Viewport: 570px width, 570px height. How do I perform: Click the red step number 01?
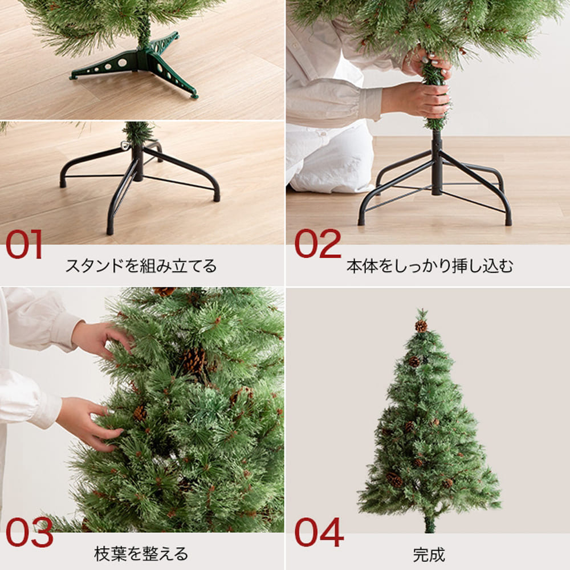point(24,244)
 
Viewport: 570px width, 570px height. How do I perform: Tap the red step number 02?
point(317,243)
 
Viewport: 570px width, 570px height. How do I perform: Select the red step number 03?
point(30,532)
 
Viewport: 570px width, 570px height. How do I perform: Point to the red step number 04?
point(319,532)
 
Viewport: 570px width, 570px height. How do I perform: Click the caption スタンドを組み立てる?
point(141,266)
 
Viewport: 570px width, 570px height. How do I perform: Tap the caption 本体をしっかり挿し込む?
point(430,266)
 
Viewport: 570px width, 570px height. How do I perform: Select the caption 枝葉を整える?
point(141,554)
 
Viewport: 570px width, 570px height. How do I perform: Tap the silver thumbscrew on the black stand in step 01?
point(125,144)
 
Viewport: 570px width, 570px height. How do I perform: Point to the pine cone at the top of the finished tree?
point(421,326)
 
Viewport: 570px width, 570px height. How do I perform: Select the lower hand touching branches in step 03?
point(89,424)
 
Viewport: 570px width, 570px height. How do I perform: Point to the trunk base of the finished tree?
point(430,523)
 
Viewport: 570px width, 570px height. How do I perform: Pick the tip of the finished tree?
point(422,310)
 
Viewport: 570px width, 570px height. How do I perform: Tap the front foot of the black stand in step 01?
point(110,230)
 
